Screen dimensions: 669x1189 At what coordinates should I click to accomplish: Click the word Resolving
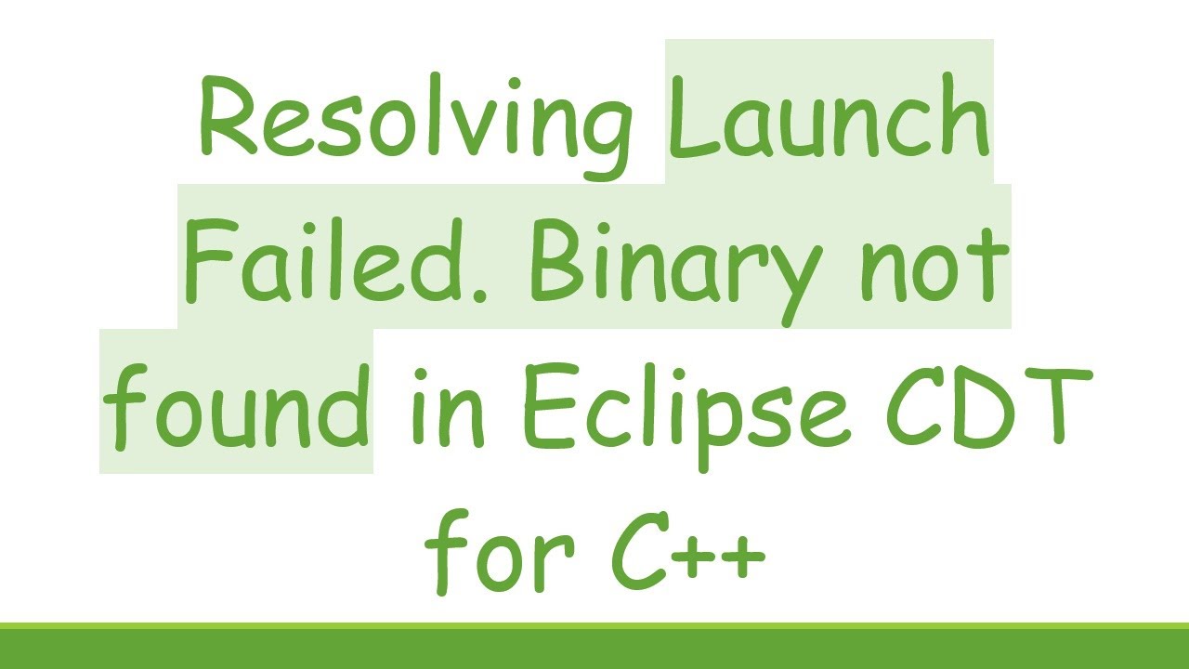(413, 121)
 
